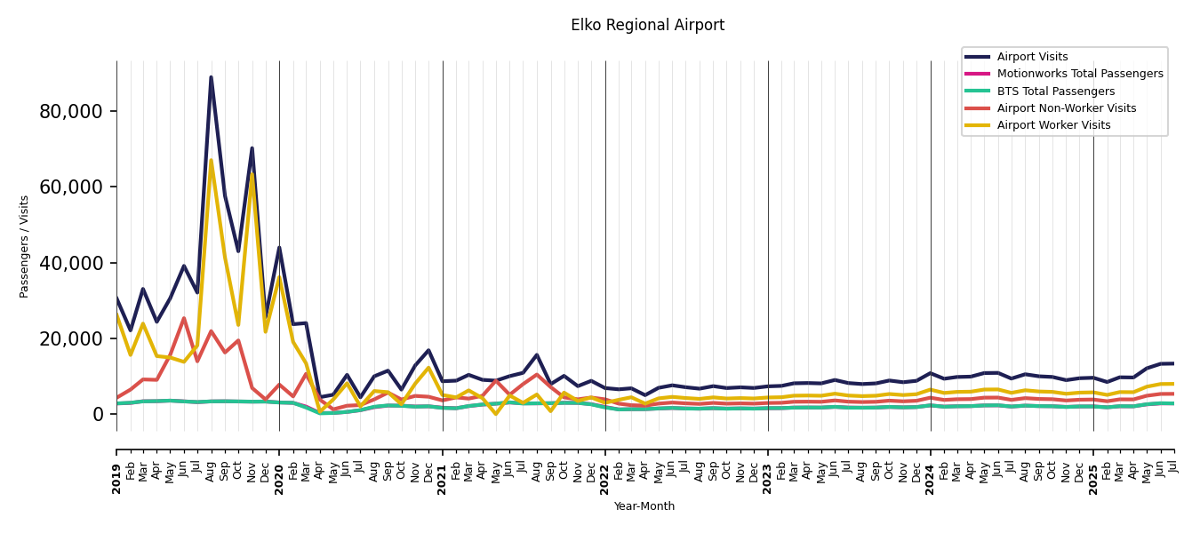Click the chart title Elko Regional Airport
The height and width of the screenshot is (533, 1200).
coord(647,26)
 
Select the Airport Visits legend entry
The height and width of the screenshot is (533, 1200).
coord(1032,57)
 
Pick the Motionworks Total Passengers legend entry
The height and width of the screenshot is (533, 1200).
coord(1079,74)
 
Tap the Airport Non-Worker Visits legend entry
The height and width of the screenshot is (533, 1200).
coord(1066,108)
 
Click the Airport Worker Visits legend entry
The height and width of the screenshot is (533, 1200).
coord(1053,125)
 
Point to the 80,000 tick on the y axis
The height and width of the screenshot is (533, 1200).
coord(71,112)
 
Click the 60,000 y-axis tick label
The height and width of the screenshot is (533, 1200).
coord(71,187)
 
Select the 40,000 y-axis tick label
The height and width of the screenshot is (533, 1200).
coord(71,263)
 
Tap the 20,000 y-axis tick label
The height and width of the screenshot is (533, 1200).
coord(71,338)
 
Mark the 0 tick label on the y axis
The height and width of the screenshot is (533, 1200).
coord(98,415)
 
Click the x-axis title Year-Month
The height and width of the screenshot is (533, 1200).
coord(644,506)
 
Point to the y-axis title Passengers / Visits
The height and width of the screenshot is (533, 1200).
coord(25,246)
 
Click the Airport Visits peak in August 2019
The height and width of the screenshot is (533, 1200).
coord(211,77)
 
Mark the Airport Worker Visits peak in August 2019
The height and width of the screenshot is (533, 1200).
coord(211,161)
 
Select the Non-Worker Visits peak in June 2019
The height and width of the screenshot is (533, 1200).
coord(184,318)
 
